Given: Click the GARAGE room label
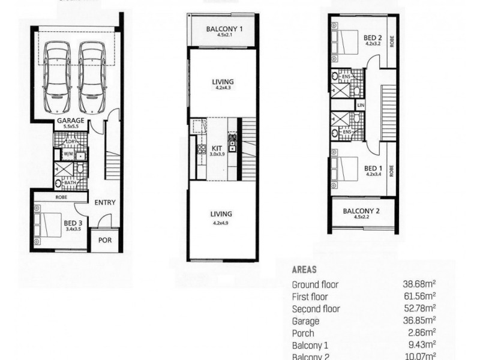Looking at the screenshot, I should (x=71, y=121).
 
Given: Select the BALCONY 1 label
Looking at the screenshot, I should (x=224, y=28).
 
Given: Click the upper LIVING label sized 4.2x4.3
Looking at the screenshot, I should (x=222, y=82).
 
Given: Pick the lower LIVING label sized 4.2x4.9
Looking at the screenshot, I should (x=221, y=214).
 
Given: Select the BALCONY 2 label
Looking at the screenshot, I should (x=362, y=211).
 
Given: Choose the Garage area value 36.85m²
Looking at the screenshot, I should (x=419, y=322).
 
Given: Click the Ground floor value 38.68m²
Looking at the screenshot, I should (x=419, y=284).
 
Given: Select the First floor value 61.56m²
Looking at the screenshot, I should (x=419, y=296).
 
